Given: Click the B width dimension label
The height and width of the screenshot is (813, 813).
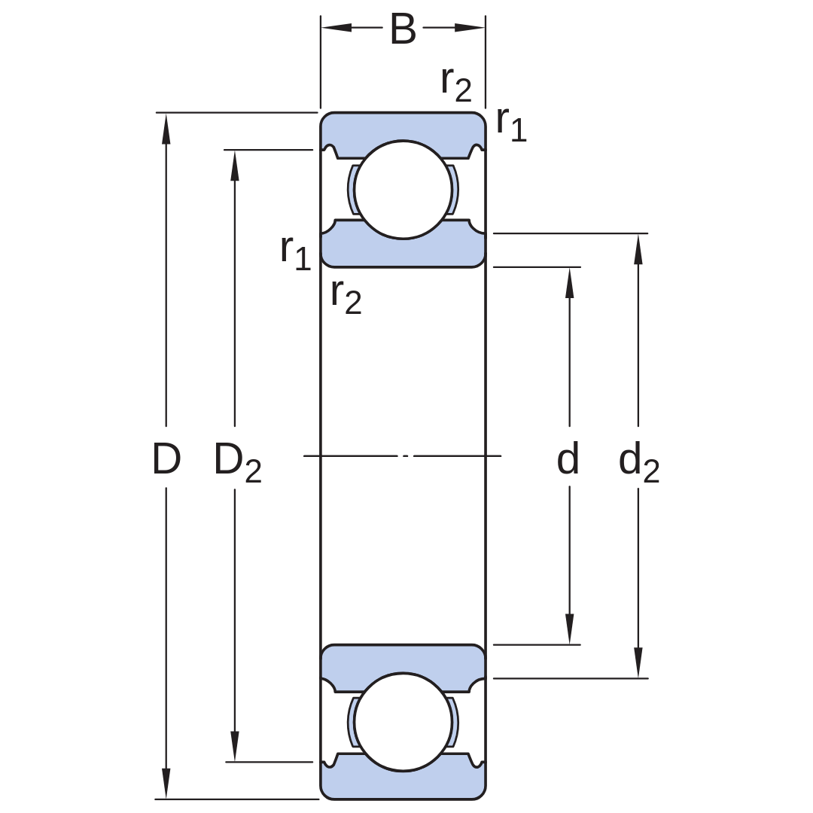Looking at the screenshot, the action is pyautogui.click(x=403, y=29).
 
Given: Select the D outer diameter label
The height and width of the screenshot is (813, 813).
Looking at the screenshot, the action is pyautogui.click(x=166, y=459).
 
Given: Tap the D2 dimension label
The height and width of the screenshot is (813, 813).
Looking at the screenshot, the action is pyautogui.click(x=237, y=462).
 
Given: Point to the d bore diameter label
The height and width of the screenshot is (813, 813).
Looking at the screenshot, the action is pyautogui.click(x=568, y=458).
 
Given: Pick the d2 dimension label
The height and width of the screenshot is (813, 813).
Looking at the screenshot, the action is pyautogui.click(x=639, y=462).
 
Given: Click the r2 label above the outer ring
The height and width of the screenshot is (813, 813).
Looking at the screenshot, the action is pyautogui.click(x=456, y=84).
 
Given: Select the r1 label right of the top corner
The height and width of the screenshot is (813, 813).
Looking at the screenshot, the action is pyautogui.click(x=511, y=124).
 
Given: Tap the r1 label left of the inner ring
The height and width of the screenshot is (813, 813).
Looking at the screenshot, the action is pyautogui.click(x=296, y=252).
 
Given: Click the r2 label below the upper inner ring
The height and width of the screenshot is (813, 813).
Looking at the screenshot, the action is pyautogui.click(x=346, y=297).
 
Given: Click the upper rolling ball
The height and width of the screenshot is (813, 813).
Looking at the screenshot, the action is pyautogui.click(x=403, y=190).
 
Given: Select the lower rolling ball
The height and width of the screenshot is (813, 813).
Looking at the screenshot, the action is pyautogui.click(x=403, y=722).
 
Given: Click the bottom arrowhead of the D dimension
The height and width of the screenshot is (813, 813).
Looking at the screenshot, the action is pyautogui.click(x=166, y=784).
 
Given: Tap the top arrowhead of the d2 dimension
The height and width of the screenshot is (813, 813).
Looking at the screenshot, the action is pyautogui.click(x=638, y=249).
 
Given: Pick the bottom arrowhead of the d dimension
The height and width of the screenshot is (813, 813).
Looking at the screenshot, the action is pyautogui.click(x=569, y=629).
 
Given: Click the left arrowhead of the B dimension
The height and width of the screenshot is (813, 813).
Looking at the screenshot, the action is pyautogui.click(x=336, y=28).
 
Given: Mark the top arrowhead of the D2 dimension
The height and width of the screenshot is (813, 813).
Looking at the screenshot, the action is pyautogui.click(x=235, y=166).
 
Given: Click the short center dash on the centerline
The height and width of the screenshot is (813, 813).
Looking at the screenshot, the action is pyautogui.click(x=406, y=456).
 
